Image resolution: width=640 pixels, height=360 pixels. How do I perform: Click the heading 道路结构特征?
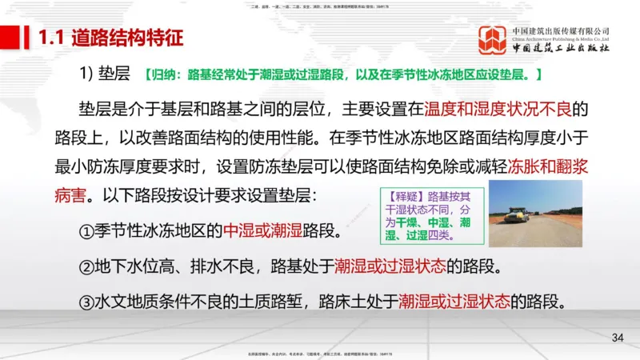point(128,38)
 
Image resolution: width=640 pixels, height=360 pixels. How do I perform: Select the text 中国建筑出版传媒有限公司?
point(561,31)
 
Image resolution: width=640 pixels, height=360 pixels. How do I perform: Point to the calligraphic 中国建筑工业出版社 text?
point(561,49)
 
